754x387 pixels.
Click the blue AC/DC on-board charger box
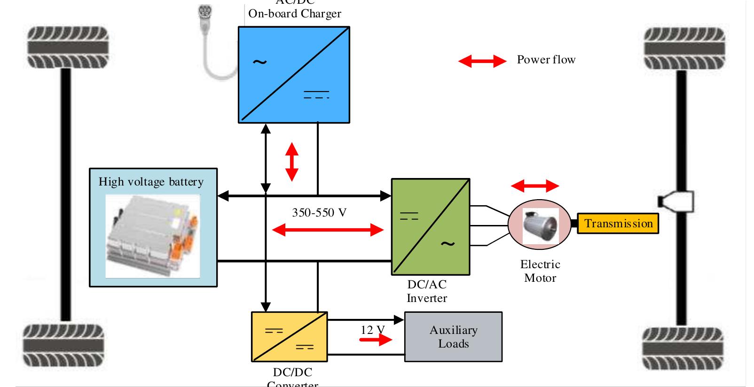294,74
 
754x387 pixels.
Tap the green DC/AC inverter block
430,226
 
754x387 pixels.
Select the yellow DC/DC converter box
289,337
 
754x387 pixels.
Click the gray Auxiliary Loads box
453,337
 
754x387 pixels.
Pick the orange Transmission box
618,224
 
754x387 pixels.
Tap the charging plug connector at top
205,14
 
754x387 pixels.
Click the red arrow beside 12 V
375,339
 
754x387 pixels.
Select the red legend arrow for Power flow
482,61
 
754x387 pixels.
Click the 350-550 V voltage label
319,213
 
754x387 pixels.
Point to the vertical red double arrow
292,162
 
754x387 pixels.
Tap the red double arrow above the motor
534,186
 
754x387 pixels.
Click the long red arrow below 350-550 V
328,230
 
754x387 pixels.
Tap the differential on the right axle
677,201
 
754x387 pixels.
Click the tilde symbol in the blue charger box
259,62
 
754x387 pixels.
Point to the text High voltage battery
151,182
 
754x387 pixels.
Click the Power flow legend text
546,60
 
